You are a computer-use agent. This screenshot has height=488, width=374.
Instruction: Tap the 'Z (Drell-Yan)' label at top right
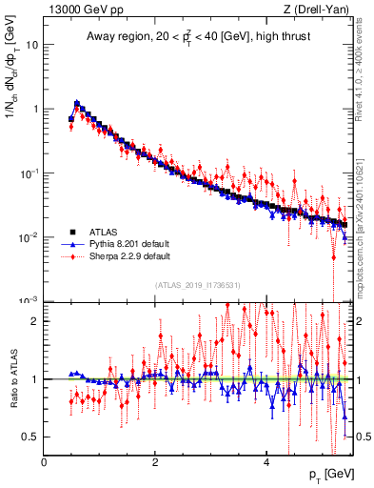coord(316,10)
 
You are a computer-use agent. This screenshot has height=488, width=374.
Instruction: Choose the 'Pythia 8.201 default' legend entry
coord(128,244)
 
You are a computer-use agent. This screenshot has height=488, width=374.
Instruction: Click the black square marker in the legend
coord(71,232)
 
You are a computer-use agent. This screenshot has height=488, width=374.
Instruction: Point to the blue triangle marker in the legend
coord(71,244)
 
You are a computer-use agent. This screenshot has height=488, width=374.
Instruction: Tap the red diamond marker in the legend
coord(71,256)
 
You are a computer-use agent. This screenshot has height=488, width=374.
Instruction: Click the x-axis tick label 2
coord(155,462)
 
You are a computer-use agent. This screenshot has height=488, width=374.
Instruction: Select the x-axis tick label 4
coord(266,462)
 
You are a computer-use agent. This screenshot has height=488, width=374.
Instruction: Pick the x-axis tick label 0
coord(45,462)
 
